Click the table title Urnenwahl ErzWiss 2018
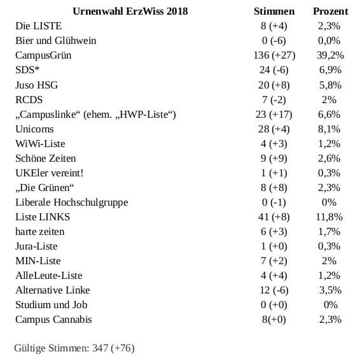pyautogui.click(x=130, y=11)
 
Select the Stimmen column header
pyautogui.click(x=274, y=11)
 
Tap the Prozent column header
pyautogui.click(x=331, y=11)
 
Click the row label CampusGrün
pyautogui.click(x=43, y=55)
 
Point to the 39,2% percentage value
pyautogui.click(x=330, y=55)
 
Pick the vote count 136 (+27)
pyautogui.click(x=274, y=55)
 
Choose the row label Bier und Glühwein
pyautogui.click(x=56, y=41)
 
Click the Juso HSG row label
pyautogui.click(x=37, y=85)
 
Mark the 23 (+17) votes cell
pyautogui.click(x=273, y=115)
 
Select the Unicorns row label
pyautogui.click(x=34, y=129)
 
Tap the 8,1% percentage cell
pyautogui.click(x=329, y=129)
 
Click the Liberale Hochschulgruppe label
pyautogui.click(x=71, y=202)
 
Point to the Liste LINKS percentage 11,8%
pyautogui.click(x=329, y=217)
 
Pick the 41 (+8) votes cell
pyautogui.click(x=273, y=217)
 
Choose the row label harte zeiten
pyautogui.click(x=40, y=232)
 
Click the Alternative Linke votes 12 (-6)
pyautogui.click(x=273, y=290)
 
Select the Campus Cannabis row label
pyautogui.click(x=53, y=320)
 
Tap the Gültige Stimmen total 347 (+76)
pyautogui.click(x=113, y=348)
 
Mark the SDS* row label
pyautogui.click(x=27, y=70)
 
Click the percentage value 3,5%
pyautogui.click(x=330, y=290)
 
